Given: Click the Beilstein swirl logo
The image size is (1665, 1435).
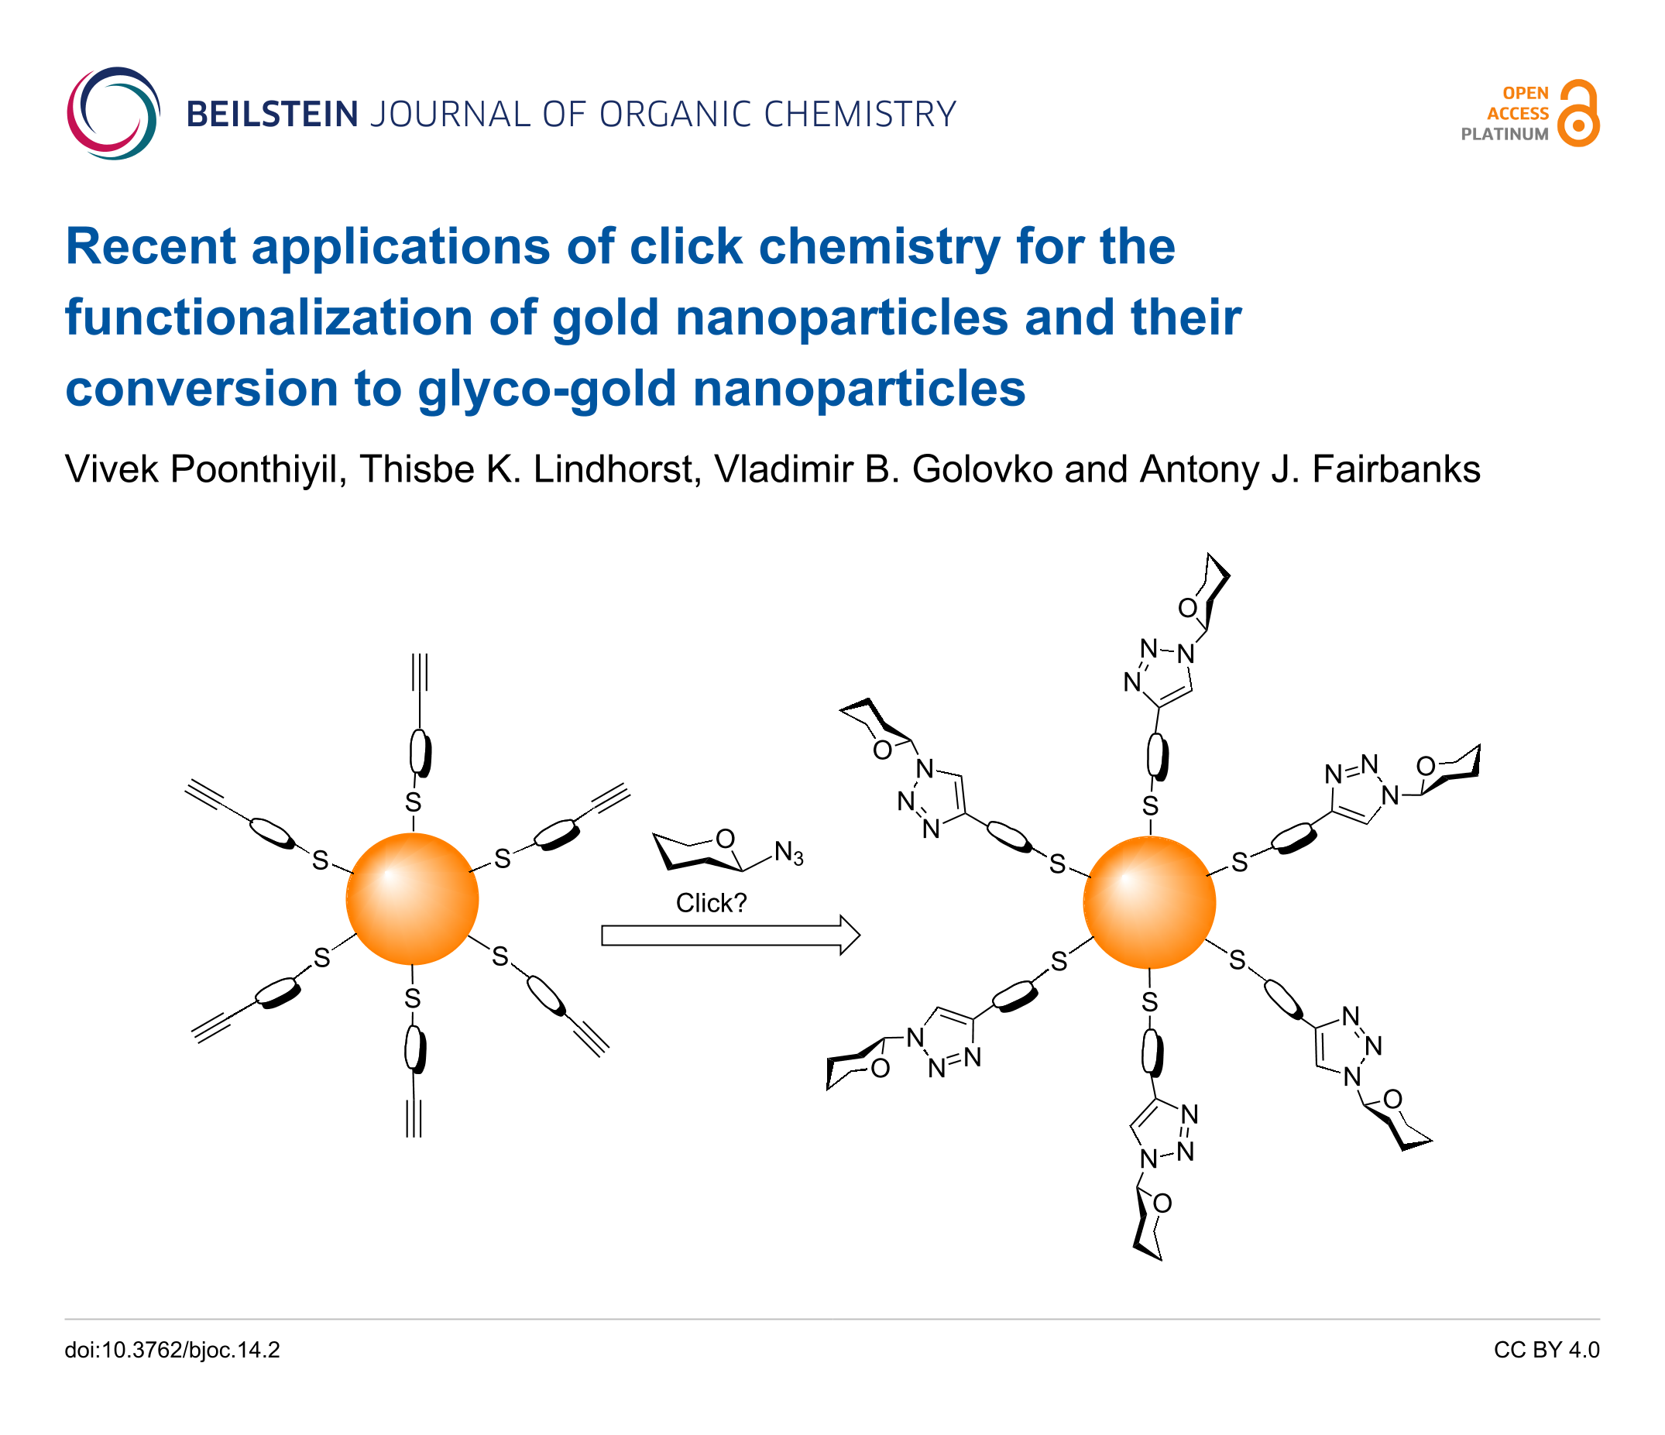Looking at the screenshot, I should (x=113, y=113).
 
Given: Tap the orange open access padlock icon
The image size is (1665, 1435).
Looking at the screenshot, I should (x=1577, y=113).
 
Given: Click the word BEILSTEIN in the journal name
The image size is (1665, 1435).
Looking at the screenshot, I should (x=273, y=114).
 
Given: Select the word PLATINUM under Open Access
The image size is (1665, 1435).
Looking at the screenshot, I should (x=1504, y=134).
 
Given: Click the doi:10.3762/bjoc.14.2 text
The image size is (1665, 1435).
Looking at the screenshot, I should (x=172, y=1350).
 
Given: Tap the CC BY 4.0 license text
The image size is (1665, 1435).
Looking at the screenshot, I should (x=1546, y=1350).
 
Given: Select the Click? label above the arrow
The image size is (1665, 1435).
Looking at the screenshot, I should (x=711, y=903).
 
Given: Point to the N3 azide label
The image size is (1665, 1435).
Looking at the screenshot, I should (x=788, y=853).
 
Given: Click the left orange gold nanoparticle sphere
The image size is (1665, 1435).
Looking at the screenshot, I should (x=412, y=898).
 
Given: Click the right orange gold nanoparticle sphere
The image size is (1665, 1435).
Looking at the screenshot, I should (x=1149, y=901).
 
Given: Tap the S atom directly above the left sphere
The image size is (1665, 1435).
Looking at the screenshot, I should (x=413, y=802).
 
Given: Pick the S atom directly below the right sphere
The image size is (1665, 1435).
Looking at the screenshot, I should (x=1150, y=1002).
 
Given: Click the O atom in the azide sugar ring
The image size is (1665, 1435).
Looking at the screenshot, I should (x=725, y=839).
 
